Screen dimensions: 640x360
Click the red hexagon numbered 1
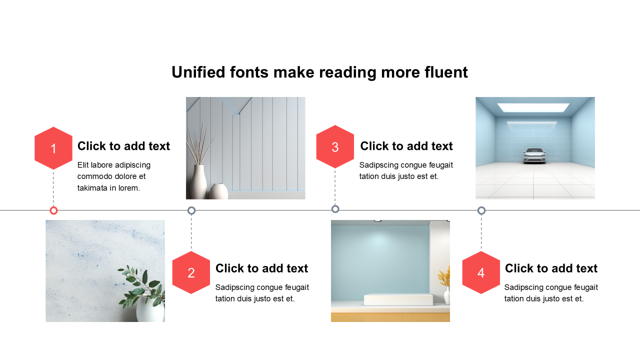(53, 148)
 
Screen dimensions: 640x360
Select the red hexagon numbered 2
(191, 272)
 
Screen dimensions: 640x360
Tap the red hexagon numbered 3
(335, 146)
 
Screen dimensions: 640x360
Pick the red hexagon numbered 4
(481, 272)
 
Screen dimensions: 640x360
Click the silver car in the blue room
(534, 155)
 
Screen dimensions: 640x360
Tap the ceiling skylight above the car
(533, 107)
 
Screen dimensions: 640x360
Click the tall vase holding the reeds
(198, 181)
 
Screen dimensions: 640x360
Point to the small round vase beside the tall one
(218, 191)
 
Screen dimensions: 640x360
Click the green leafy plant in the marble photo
(141, 285)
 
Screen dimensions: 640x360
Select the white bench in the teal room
(398, 299)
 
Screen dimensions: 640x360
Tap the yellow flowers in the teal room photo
(444, 276)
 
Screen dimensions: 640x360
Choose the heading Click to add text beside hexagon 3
(406, 146)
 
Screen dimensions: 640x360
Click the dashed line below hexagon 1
(53, 188)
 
